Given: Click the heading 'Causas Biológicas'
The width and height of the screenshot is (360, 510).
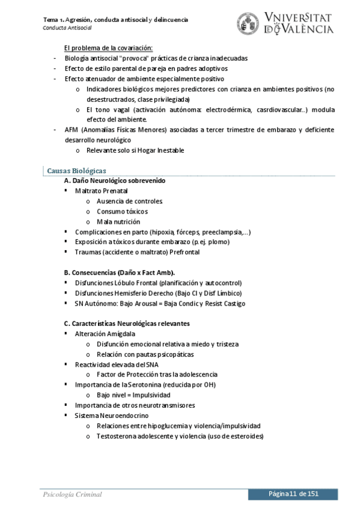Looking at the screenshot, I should pyautogui.click(x=76, y=171).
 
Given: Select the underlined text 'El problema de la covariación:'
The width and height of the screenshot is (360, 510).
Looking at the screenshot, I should pyautogui.click(x=108, y=48).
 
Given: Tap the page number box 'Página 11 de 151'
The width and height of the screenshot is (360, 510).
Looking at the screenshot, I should pyautogui.click(x=293, y=493).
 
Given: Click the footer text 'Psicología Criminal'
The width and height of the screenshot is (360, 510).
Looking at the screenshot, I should pyautogui.click(x=72, y=494).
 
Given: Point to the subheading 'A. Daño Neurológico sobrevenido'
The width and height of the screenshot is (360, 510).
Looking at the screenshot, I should pyautogui.click(x=115, y=180).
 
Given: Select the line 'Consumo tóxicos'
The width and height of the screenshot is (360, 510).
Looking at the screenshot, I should pyautogui.click(x=122, y=211).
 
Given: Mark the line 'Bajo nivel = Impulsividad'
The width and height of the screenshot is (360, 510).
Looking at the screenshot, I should pyautogui.click(x=133, y=395).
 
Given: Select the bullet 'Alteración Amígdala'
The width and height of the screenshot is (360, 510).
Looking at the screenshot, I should pyautogui.click(x=105, y=333).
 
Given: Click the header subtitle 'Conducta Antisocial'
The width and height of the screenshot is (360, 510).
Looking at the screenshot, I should pyautogui.click(x=67, y=28).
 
